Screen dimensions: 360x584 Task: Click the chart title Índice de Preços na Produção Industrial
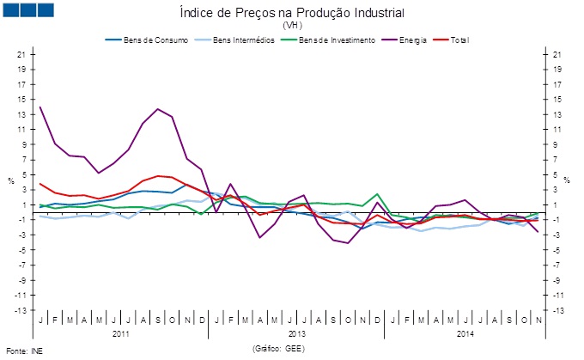292,13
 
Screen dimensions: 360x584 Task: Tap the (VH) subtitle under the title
292,26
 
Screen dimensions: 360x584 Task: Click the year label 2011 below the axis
122,333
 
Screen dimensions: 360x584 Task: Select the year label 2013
297,333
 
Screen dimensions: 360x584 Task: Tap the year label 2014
465,333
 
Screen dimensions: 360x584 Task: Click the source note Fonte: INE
24,351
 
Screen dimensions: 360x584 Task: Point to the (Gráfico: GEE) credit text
278,350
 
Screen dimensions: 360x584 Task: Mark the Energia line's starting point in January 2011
40,107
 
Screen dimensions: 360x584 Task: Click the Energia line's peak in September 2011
158,109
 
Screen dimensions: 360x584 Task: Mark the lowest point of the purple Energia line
348,243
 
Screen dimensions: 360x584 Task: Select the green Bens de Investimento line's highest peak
377,194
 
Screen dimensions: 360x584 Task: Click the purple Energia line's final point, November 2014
538,232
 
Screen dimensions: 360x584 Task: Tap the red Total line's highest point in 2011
158,176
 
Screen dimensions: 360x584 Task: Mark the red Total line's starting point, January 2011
40,184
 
